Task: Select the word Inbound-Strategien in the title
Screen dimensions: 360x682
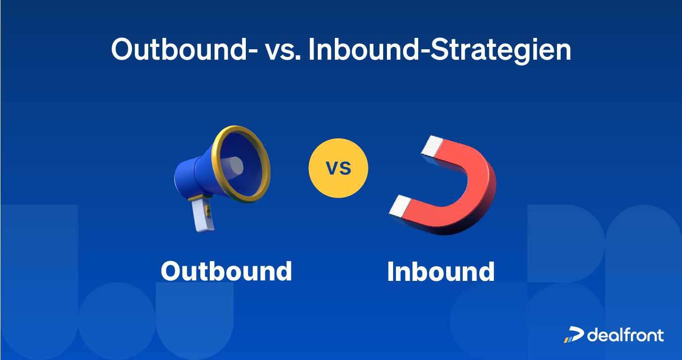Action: (x=439, y=50)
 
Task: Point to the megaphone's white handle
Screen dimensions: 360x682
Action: (x=203, y=216)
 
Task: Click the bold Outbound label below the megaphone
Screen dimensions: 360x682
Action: (x=226, y=271)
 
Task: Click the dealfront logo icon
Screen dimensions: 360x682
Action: (x=574, y=335)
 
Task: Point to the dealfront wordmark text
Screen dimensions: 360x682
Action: (x=626, y=334)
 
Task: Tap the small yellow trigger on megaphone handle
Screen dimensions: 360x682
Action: (x=207, y=208)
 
